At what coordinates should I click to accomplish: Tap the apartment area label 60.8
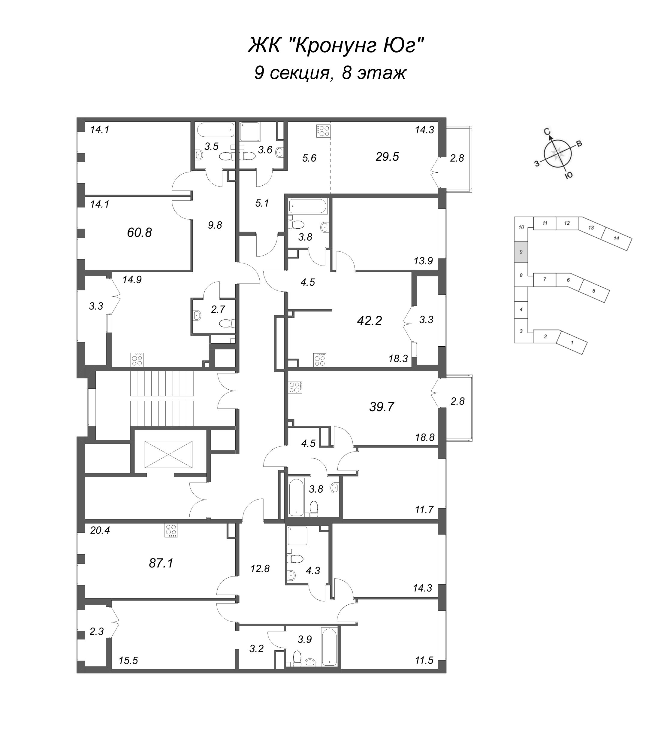click(x=140, y=232)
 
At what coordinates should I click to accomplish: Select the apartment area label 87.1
click(x=161, y=563)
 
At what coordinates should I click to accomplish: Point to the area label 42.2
click(x=369, y=321)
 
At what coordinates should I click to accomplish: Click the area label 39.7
click(x=382, y=407)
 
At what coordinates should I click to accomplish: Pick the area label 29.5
click(x=387, y=157)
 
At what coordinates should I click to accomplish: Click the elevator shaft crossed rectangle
click(x=168, y=454)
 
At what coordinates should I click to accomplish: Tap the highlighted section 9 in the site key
click(x=521, y=252)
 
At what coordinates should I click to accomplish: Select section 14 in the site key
click(x=616, y=239)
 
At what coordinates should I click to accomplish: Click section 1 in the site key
click(x=572, y=342)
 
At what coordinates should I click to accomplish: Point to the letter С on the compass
click(x=547, y=132)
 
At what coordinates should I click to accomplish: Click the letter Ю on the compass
click(x=568, y=176)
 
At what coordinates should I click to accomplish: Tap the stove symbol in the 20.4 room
click(x=171, y=531)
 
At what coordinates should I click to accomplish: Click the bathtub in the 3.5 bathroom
click(x=216, y=130)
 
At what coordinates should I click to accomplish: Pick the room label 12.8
click(x=260, y=569)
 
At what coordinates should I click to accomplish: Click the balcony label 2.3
click(x=97, y=631)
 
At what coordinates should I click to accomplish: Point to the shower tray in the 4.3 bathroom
click(x=298, y=535)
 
